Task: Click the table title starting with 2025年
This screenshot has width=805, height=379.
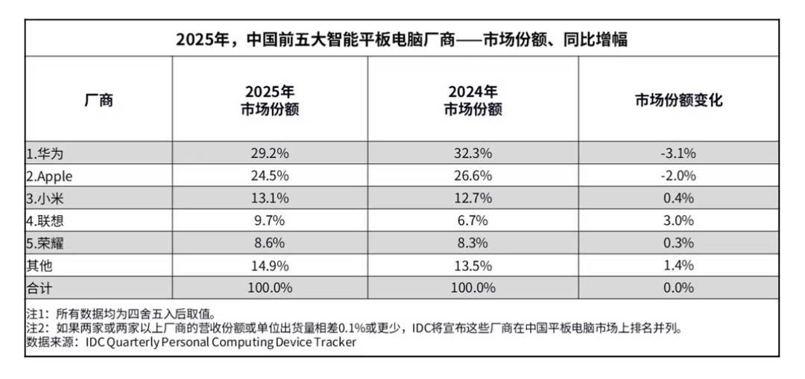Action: click(402, 39)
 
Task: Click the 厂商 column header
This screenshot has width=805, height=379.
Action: click(98, 101)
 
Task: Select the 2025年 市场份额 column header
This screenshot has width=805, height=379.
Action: click(270, 101)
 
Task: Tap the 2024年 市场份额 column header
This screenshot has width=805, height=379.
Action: click(473, 101)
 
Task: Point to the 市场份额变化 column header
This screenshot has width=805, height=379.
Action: click(678, 101)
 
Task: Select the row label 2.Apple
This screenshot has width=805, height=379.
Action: click(49, 176)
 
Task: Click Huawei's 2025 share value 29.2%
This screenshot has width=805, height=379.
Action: click(270, 154)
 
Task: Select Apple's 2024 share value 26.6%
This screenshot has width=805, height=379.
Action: click(473, 176)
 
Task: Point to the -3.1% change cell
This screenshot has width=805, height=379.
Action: click(678, 154)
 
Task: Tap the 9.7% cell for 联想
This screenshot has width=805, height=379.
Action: click(270, 220)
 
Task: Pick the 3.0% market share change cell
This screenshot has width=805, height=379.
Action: click(678, 220)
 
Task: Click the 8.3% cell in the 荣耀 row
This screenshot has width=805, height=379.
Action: click(473, 243)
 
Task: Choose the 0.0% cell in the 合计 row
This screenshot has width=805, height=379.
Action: click(678, 287)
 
